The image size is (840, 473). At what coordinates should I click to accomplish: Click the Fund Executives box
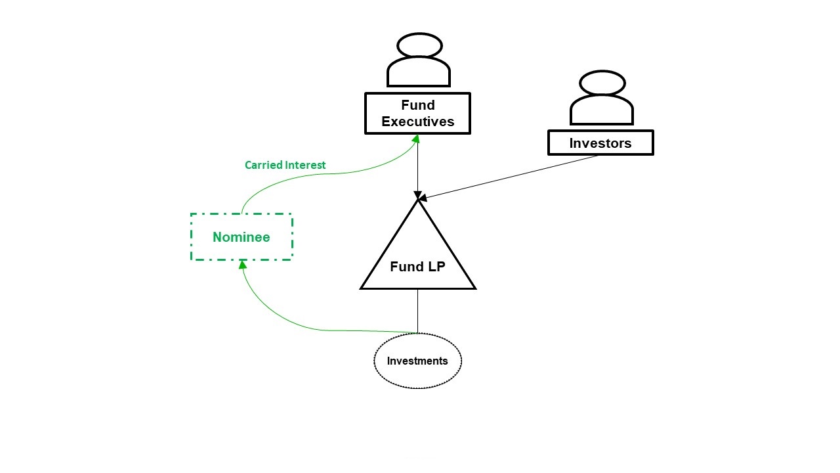(417, 114)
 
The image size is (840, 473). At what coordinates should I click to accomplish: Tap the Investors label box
(600, 143)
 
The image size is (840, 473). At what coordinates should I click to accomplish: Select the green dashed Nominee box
(241, 237)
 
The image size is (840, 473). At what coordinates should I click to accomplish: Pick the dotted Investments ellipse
(417, 361)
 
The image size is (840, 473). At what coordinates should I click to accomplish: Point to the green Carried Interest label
(285, 165)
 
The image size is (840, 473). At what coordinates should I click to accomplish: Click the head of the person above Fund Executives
(419, 46)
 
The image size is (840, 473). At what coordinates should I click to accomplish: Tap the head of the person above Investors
(602, 83)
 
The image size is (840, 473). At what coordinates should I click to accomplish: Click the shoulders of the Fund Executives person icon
(419, 72)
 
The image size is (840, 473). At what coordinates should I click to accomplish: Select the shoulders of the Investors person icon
(602, 110)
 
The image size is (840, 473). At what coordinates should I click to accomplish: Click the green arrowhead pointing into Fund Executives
(415, 138)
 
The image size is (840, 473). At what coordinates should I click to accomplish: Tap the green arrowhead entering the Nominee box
(243, 264)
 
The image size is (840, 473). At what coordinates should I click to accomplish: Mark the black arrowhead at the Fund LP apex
(417, 196)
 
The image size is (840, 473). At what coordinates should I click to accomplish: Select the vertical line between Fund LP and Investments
(418, 310)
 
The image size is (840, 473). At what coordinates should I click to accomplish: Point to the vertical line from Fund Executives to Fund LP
(418, 164)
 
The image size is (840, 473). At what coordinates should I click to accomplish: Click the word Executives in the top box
(417, 122)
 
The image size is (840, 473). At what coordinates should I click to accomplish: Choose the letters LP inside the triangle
(434, 267)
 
